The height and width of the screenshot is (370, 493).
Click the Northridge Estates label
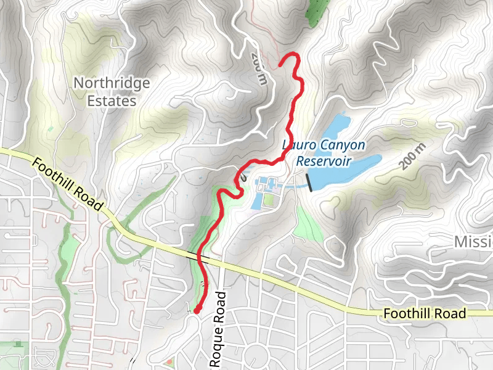pos(111,91)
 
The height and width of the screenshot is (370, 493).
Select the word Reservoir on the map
pos(324,162)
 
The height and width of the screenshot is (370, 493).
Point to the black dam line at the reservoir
pos(308,182)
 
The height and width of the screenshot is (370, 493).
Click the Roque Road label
pos(218,329)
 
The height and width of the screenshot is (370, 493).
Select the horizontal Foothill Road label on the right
pos(424,314)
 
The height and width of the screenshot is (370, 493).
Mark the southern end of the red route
pos(197,311)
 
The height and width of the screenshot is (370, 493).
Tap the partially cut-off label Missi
pos(473,241)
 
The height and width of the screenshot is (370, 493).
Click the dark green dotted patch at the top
pos(316,10)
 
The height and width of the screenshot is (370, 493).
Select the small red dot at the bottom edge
pos(169,361)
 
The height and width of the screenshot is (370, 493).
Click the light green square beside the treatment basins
pos(268,199)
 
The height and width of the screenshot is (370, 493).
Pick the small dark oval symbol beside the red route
pos(245,176)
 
